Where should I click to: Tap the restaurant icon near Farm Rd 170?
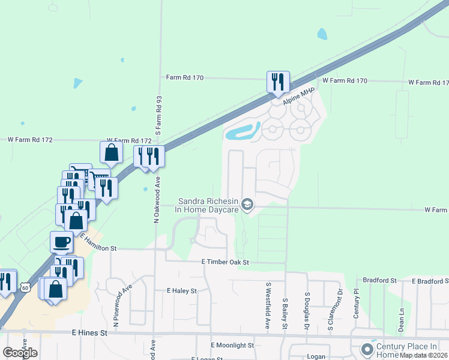[x=278, y=82]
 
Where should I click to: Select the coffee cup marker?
[x=62, y=242]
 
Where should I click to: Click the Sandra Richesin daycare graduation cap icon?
[x=247, y=205]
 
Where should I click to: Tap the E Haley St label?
[x=182, y=291]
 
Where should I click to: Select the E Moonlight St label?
[x=232, y=346]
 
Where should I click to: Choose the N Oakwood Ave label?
[x=157, y=204]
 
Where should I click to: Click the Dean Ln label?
[x=401, y=319]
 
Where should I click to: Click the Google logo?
[x=19, y=352]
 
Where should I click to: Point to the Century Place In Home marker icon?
[x=367, y=349]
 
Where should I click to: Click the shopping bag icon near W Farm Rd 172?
[x=112, y=153]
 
